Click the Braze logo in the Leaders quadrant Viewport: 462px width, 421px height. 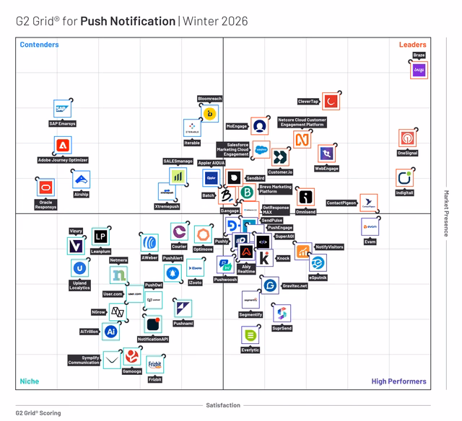pos(419,71)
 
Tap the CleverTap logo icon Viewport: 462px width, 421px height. pos(331,102)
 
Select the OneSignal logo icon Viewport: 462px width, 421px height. pos(408,138)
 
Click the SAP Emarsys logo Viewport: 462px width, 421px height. pos(63,109)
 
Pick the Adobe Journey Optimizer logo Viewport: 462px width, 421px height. pos(63,146)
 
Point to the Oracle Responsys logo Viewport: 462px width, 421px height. pos(45,187)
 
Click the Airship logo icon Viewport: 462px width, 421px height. pos(81,180)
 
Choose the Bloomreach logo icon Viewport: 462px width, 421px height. pos(210,113)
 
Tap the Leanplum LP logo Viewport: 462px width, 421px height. pos(100,236)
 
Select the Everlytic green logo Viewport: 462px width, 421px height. pos(250,335)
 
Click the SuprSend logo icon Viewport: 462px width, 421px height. pos(282,313)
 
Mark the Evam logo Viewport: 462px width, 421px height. pos(370,226)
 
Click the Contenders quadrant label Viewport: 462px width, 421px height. pos(39,45)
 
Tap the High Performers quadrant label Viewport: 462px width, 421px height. pos(398,381)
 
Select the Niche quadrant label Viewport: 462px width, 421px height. pos(30,381)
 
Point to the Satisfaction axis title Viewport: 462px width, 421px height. pos(223,405)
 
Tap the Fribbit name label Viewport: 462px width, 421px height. pos(154,379)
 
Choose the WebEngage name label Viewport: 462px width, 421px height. pos(326,169)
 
